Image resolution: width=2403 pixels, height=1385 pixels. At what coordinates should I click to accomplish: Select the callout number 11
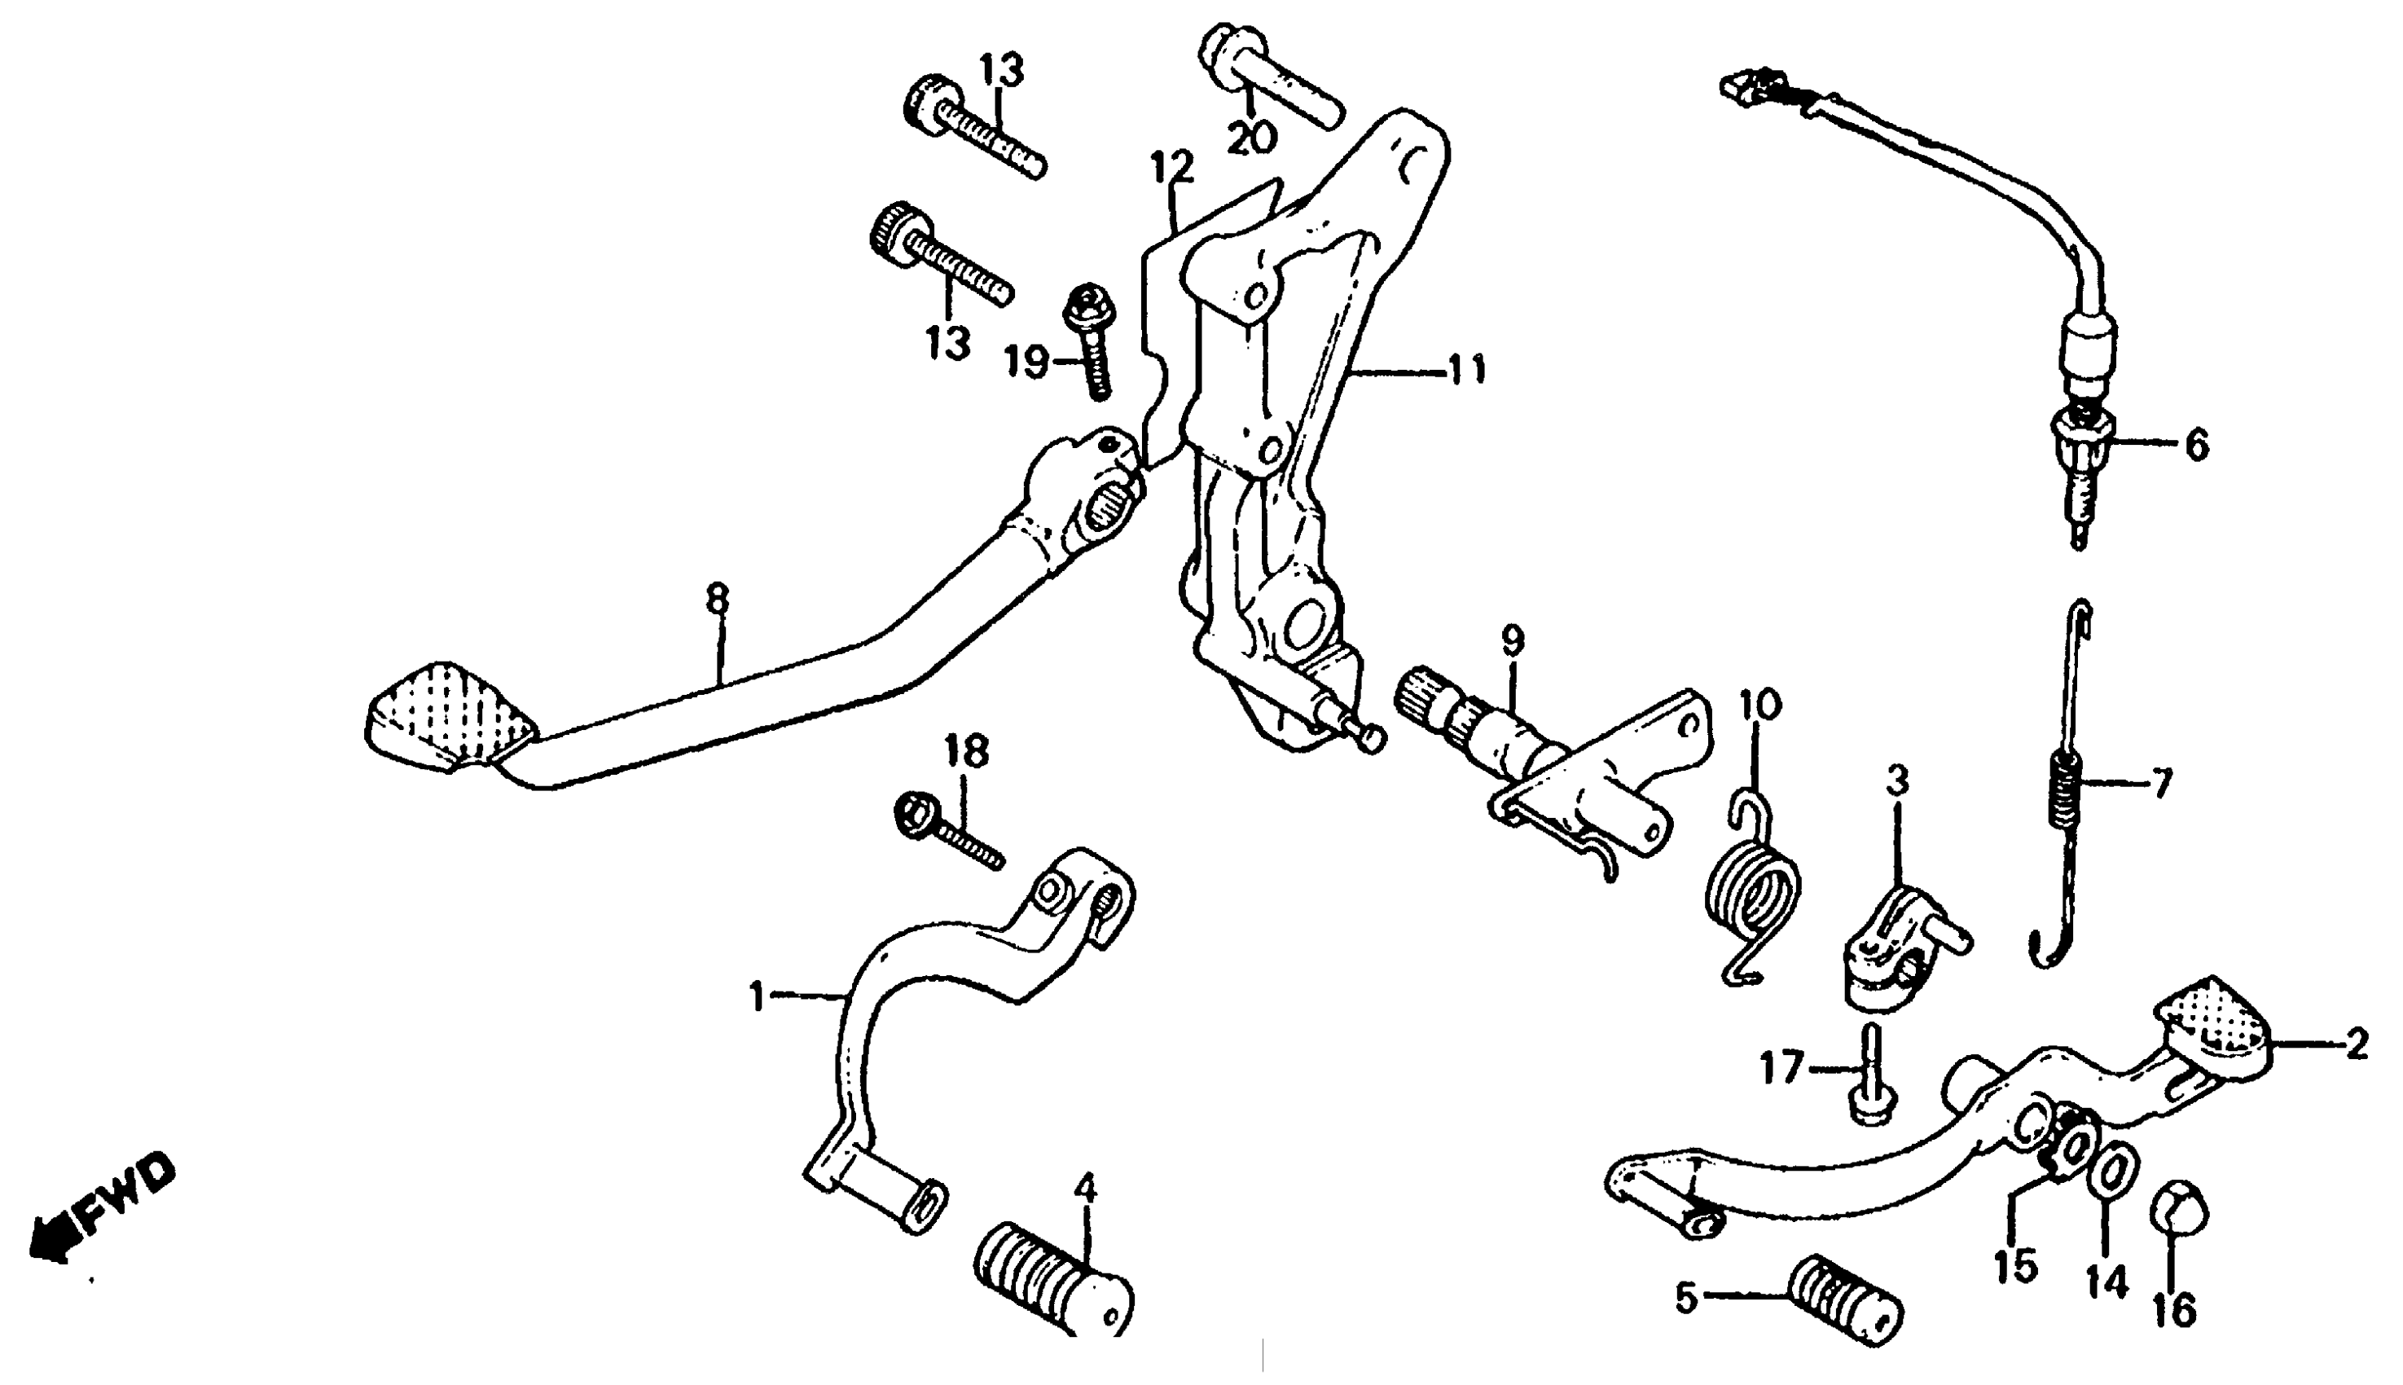(1465, 368)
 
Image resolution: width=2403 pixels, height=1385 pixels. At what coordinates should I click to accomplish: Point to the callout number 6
(2197, 444)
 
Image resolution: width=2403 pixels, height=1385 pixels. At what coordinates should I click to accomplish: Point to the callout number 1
(757, 998)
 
